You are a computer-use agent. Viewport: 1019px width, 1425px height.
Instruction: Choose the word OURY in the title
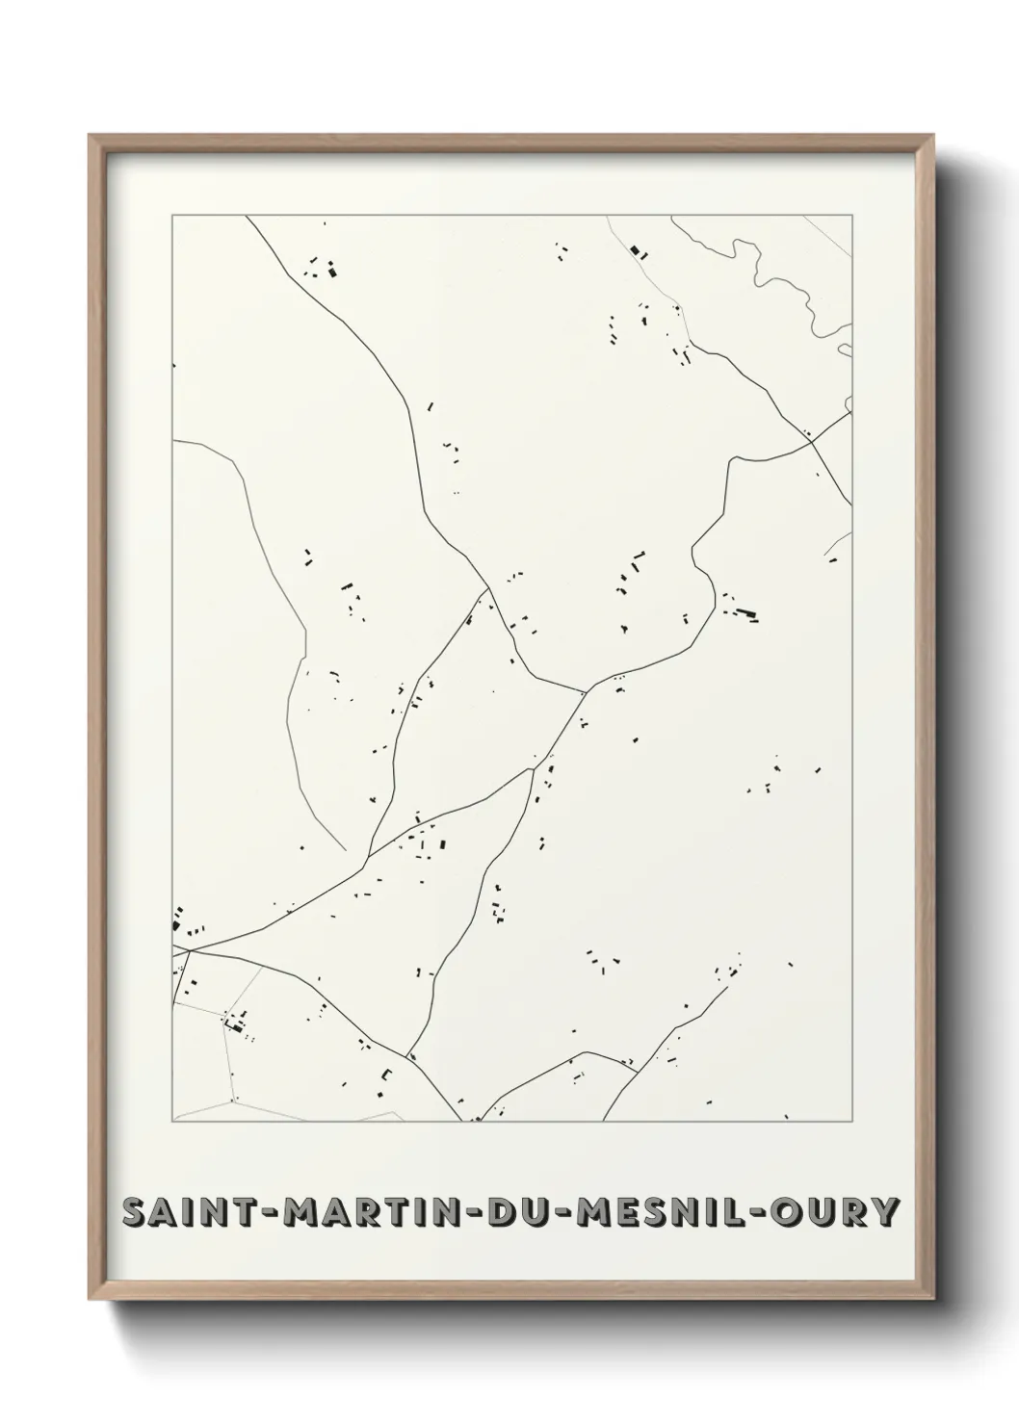point(836,1212)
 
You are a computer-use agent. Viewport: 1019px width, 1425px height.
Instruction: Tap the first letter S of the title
point(134,1212)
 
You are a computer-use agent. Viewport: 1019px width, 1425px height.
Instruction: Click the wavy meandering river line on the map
point(776,279)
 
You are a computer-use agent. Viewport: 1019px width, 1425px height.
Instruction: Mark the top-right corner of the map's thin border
point(851,216)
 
